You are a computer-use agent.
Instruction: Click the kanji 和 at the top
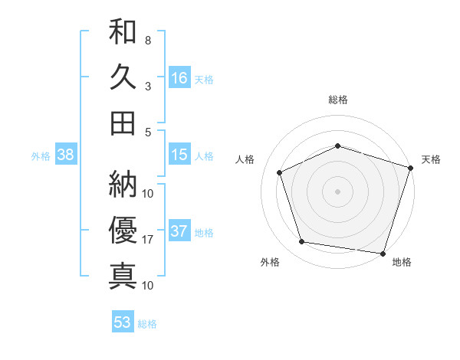click(x=123, y=32)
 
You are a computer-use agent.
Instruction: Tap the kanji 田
click(x=123, y=122)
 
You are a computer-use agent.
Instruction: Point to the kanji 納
click(x=123, y=183)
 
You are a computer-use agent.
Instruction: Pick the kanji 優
click(x=123, y=229)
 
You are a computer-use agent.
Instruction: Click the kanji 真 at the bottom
click(x=123, y=274)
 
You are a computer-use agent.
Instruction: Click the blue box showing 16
click(x=179, y=77)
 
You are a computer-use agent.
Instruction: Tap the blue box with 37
click(x=179, y=232)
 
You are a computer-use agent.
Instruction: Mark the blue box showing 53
click(x=123, y=322)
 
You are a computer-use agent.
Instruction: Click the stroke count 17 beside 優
click(x=148, y=240)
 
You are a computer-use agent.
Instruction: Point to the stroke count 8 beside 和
click(x=147, y=40)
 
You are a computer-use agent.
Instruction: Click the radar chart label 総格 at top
click(x=338, y=100)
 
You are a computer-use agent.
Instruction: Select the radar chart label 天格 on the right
click(x=431, y=159)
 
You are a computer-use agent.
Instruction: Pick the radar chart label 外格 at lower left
click(x=270, y=263)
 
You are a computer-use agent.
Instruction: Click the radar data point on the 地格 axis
click(x=383, y=253)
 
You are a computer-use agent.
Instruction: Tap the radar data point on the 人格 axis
click(x=280, y=172)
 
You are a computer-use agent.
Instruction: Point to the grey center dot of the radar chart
click(x=338, y=191)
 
